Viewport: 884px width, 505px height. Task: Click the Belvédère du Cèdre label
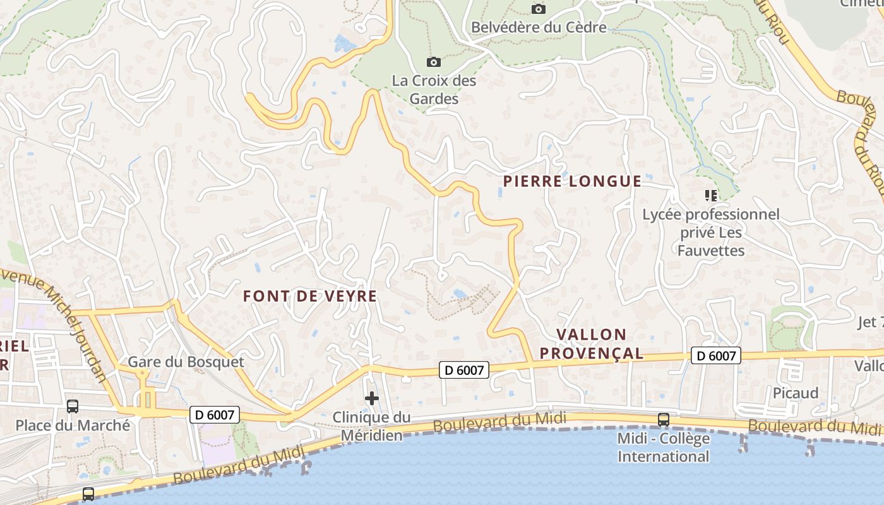(539, 27)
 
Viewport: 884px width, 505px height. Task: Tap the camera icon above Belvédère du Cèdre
(539, 9)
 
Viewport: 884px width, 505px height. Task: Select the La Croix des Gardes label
(434, 90)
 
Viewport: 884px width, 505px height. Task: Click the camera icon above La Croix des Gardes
(434, 62)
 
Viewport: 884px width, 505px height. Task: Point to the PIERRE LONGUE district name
(572, 182)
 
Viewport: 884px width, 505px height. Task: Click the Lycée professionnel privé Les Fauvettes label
(711, 232)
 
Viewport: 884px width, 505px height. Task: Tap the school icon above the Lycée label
(711, 196)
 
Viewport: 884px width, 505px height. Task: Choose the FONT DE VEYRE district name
(310, 296)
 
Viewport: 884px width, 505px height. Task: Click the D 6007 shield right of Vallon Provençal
(715, 356)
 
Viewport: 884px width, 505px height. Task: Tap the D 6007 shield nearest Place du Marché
(215, 415)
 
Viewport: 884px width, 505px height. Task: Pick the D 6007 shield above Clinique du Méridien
(464, 370)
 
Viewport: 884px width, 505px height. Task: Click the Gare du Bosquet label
(186, 362)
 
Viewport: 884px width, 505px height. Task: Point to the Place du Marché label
(73, 425)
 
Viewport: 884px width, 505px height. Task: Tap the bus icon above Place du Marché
(73, 407)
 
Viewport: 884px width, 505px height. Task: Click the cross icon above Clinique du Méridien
(372, 398)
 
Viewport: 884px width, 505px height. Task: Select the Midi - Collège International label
(663, 447)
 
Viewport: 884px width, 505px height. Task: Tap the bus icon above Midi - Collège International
(663, 419)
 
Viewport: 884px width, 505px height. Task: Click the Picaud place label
(796, 393)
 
